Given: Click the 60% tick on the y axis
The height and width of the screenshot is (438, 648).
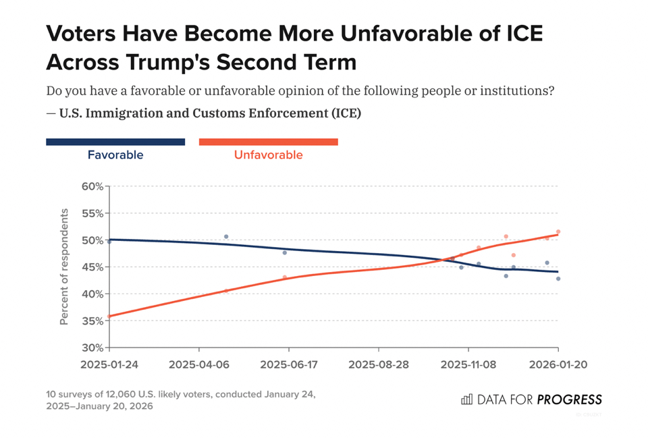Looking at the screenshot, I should (x=92, y=186).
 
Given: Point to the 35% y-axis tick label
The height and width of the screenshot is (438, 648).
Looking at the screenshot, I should (x=92, y=321).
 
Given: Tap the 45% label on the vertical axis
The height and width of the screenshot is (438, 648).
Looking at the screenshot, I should (x=92, y=267).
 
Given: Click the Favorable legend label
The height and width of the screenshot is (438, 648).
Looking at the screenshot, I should (x=115, y=155).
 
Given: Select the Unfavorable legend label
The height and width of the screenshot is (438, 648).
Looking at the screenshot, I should (x=268, y=155).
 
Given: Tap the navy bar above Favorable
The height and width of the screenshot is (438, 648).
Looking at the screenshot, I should (x=115, y=142).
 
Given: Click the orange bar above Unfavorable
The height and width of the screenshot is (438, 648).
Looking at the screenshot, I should (x=268, y=142).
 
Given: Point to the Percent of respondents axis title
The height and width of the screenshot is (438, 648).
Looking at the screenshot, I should (x=64, y=267).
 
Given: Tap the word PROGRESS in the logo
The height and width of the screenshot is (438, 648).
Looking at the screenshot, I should (x=569, y=400).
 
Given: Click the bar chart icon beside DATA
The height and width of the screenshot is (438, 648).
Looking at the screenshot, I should (x=466, y=400).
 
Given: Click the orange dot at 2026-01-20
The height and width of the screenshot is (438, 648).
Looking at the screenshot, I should (x=558, y=231).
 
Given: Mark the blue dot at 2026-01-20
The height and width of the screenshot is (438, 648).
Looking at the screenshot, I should (x=558, y=279).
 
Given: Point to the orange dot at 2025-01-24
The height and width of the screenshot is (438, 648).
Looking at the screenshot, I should (x=109, y=316).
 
